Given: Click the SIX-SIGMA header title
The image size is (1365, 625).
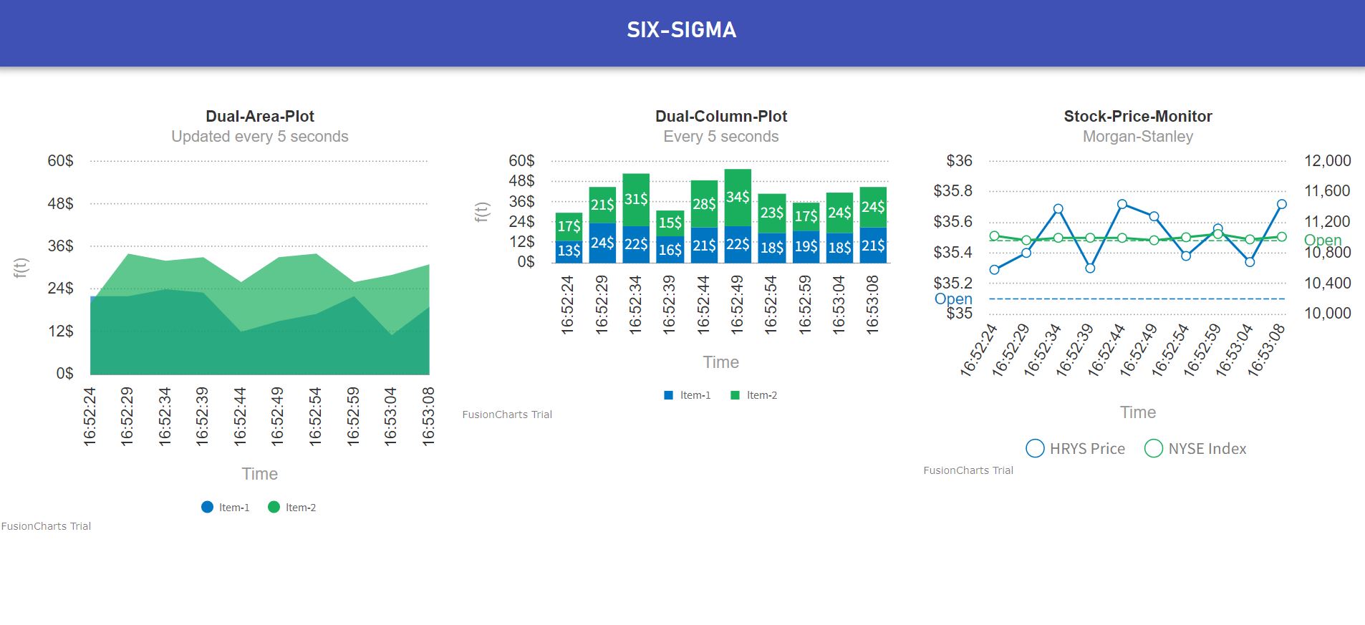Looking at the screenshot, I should pos(681,30).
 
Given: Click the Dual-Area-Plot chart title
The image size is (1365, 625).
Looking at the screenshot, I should pos(260,116).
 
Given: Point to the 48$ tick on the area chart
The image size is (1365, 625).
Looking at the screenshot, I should pos(60,203).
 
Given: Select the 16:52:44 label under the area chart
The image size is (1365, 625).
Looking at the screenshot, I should pos(240,417).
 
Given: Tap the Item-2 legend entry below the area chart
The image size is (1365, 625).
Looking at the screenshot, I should pos(292,508).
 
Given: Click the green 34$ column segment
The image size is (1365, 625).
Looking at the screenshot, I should pos(738,197).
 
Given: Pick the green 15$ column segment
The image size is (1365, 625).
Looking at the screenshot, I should pos(670,223).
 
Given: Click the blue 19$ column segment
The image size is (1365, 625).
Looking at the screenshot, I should pos(806,246).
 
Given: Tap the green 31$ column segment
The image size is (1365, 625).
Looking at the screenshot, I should pos(636,199).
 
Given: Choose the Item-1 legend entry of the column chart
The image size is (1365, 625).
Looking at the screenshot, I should pos(688,395).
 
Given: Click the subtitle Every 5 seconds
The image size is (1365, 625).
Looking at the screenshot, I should pos(720,137).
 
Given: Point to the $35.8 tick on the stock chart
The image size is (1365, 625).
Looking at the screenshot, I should pos(952,191).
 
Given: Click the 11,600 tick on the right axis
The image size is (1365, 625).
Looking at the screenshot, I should pos(1326,191).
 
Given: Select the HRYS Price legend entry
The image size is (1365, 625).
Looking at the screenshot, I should pos(1076,449).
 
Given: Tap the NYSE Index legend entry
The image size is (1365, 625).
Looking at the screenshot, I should pos(1196,449).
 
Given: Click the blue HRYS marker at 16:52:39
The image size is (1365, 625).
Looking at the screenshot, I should pos(1090,268).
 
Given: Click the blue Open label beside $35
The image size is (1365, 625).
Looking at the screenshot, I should pos(953,299).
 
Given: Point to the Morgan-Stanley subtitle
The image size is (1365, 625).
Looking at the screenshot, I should pos(1137,137).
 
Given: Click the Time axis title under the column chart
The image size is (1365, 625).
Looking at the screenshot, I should pos(720,362).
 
